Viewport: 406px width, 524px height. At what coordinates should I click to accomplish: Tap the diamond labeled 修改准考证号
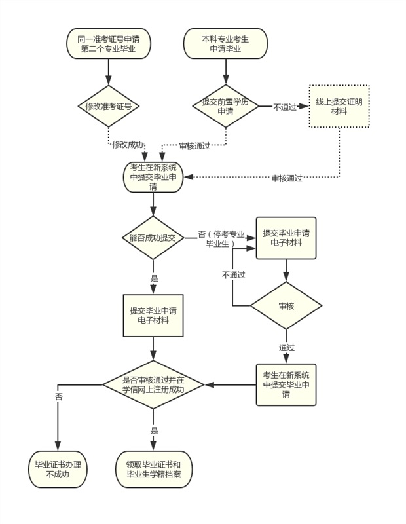pyautogui.click(x=108, y=105)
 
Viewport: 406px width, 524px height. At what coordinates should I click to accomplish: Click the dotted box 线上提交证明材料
pyautogui.click(x=339, y=106)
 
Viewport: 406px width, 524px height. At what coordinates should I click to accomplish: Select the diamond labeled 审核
pyautogui.click(x=286, y=305)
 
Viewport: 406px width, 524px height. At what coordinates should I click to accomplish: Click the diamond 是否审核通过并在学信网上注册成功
pyautogui.click(x=153, y=384)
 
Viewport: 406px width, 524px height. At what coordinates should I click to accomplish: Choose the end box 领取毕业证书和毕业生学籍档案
pyautogui.click(x=155, y=469)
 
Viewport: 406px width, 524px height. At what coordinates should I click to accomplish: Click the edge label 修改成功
pyautogui.click(x=128, y=144)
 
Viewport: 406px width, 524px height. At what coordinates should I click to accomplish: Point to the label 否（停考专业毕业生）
pyautogui.click(x=221, y=238)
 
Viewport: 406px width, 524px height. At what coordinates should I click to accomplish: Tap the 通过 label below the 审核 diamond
pyautogui.click(x=286, y=347)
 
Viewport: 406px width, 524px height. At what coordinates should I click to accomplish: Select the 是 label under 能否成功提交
pyautogui.click(x=155, y=278)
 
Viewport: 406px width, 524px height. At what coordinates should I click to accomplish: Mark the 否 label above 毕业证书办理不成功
pyautogui.click(x=59, y=397)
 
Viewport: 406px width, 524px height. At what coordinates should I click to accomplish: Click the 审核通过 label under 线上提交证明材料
pyautogui.click(x=287, y=178)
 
